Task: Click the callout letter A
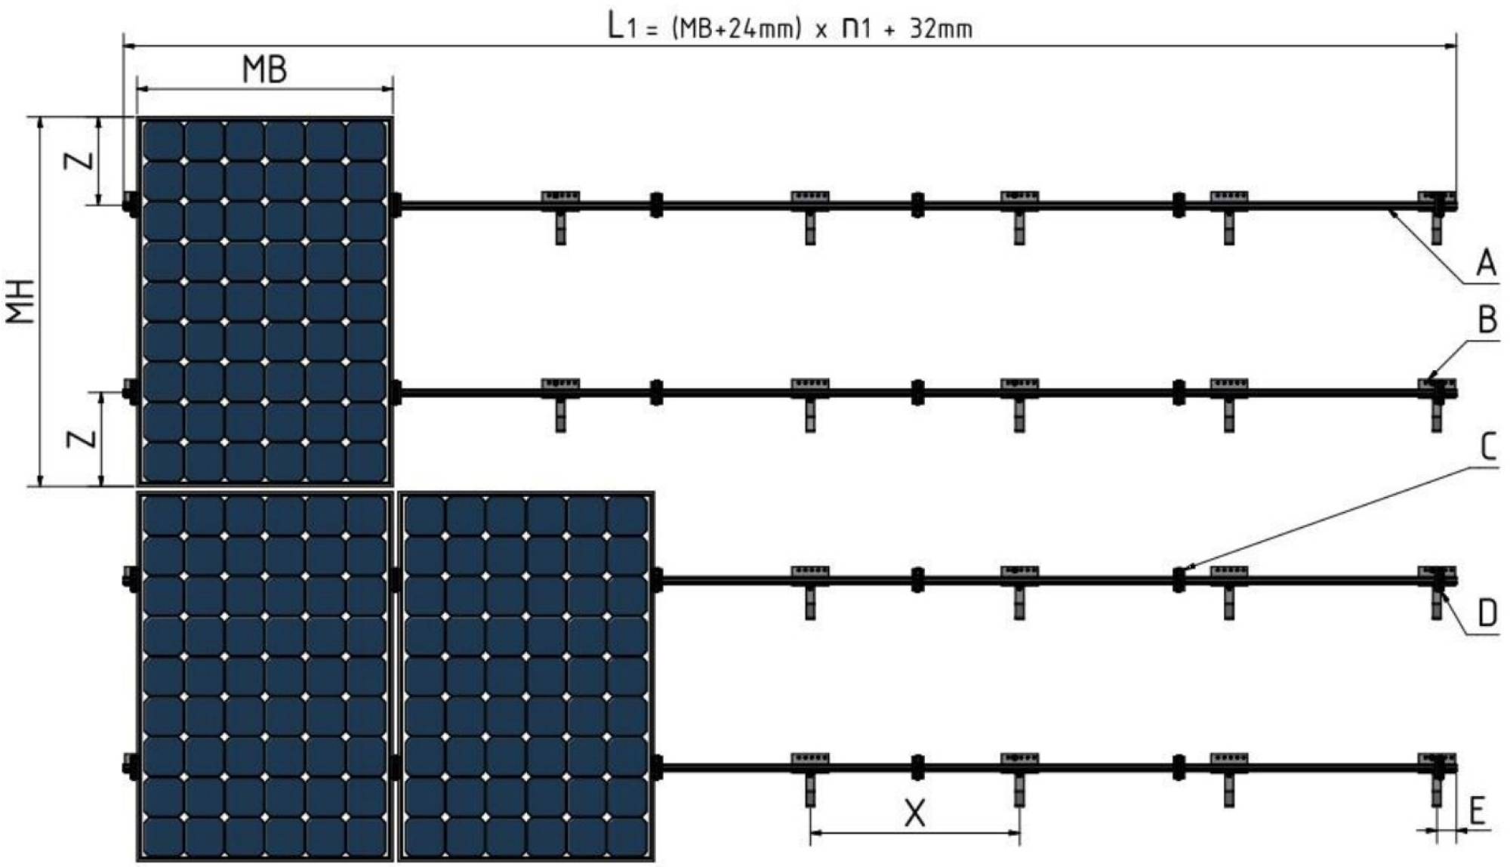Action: coord(1486,264)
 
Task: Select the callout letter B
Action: coord(1487,320)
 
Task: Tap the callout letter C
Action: coord(1487,447)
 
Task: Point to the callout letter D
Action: coord(1487,612)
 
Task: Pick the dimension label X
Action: coord(914,813)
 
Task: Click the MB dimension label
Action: coord(264,70)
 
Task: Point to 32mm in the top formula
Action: coord(940,29)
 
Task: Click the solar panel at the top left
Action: coord(264,301)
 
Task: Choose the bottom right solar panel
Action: coord(526,676)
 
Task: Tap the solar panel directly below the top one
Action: coord(264,676)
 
